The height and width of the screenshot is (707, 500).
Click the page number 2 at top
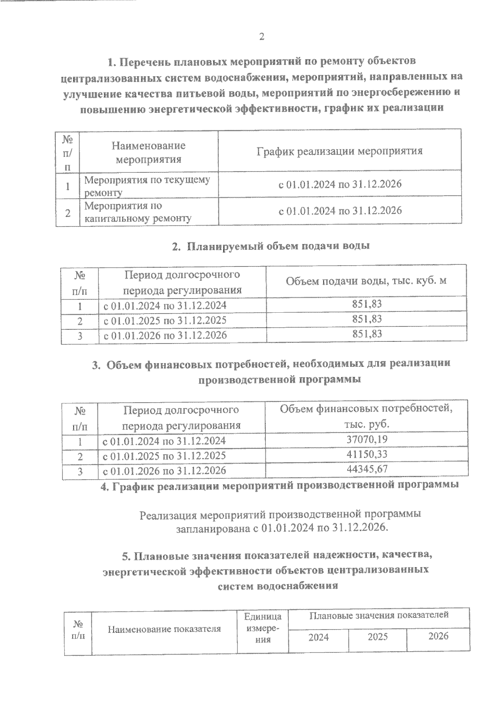coord(261,37)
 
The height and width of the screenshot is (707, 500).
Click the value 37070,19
coord(367,439)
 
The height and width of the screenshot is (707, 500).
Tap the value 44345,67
coord(367,469)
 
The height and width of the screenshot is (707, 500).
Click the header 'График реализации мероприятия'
coord(339,151)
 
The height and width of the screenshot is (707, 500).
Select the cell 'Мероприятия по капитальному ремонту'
coord(138,212)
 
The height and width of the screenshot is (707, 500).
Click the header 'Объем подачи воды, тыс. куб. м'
coord(366,281)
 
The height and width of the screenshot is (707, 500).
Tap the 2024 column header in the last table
coord(318,637)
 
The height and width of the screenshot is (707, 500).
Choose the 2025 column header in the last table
coord(377,637)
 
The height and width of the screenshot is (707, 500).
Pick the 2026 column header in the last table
coord(438,636)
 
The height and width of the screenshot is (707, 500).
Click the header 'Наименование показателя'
coord(164,629)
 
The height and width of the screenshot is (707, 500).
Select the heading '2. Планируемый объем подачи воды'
coord(271,246)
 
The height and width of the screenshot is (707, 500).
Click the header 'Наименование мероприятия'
coord(148,152)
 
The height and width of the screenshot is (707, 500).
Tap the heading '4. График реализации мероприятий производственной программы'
coord(280,485)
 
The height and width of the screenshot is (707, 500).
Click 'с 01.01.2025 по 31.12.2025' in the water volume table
coord(165,320)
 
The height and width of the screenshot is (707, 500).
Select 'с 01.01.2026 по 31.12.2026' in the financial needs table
coord(164,471)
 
